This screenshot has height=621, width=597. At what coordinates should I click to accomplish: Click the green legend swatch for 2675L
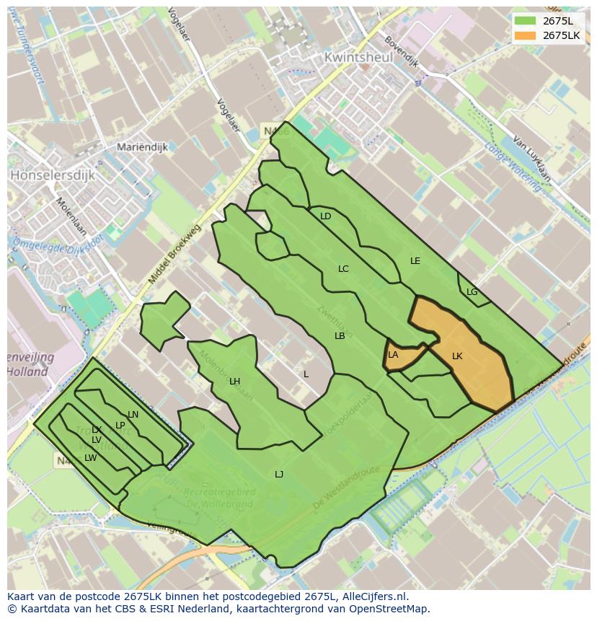coord(524,20)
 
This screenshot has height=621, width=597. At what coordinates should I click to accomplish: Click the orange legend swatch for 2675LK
coord(524,35)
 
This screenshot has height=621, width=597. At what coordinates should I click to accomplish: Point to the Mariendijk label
coord(142,147)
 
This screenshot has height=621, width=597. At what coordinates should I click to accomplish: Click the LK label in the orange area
coord(457,356)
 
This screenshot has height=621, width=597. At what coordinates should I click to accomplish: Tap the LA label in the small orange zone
coord(393,355)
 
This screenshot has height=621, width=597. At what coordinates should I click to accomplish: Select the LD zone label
coord(325,216)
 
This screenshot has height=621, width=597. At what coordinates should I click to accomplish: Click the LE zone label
coord(415,261)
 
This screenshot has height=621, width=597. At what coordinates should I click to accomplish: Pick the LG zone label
coord(472,292)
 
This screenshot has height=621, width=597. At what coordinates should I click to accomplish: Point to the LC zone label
coord(343,269)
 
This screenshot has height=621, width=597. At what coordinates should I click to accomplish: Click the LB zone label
coord(340,336)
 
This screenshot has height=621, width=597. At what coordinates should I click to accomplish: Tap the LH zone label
coord(234,382)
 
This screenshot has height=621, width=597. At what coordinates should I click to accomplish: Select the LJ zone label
coord(279,475)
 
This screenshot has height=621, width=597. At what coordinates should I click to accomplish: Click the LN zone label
coord(133,415)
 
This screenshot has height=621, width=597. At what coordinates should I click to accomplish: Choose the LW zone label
coord(90,458)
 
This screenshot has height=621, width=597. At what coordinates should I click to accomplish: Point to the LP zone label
coord(120,426)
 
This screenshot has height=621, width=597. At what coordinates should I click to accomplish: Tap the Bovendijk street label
coord(402,52)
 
